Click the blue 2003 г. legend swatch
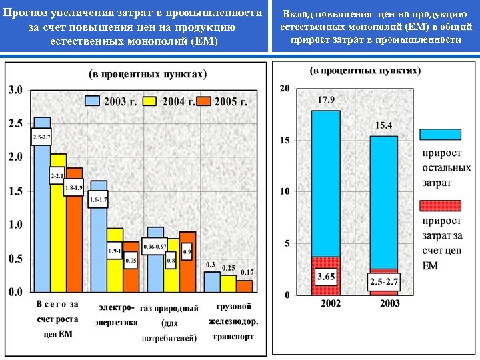pyautogui.click(x=91, y=101)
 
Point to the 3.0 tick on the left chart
pyautogui.click(x=15, y=90)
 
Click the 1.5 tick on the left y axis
pyautogui.click(x=15, y=191)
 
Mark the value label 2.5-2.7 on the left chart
pyautogui.click(x=41, y=138)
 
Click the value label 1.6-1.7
pyautogui.click(x=98, y=199)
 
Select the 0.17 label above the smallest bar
pyautogui.click(x=247, y=272)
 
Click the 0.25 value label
pyautogui.click(x=229, y=268)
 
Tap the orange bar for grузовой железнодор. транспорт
pyautogui.click(x=245, y=286)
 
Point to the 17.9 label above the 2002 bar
pyautogui.click(x=325, y=100)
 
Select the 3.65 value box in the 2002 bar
pyautogui.click(x=326, y=275)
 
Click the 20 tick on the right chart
pyautogui.click(x=285, y=89)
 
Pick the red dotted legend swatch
pyautogui.click(x=440, y=205)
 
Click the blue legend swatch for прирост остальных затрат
pyautogui.click(x=440, y=134)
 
